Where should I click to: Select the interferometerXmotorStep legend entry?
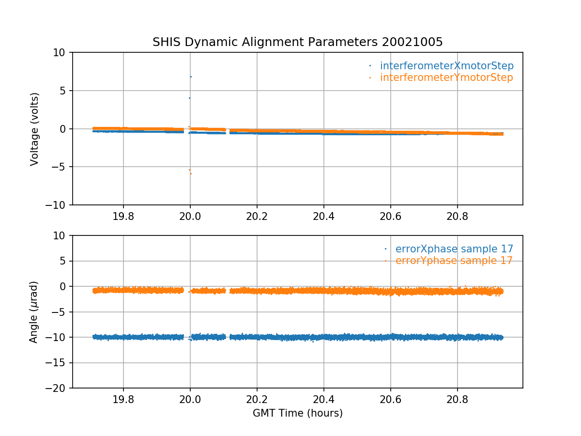tap(446, 66)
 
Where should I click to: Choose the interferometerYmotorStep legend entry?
tap(446, 78)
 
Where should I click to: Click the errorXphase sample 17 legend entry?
tap(454, 249)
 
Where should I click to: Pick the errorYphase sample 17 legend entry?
tap(454, 261)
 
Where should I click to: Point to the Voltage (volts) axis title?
tap(34, 129)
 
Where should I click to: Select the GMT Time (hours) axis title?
tap(298, 413)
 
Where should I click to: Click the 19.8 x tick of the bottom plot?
tap(123, 398)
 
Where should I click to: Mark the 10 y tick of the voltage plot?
tap(62, 52)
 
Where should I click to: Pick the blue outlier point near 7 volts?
tap(191, 77)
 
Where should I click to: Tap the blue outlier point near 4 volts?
tap(189, 98)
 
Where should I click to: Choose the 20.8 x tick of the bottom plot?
tap(457, 398)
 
